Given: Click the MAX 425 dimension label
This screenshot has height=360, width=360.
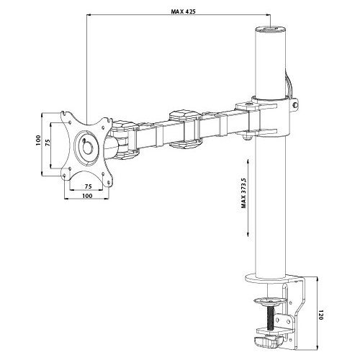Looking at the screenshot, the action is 184,12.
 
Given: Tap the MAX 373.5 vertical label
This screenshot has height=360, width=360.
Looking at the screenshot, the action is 244,193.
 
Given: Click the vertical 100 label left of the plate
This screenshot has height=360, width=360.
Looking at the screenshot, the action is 38,140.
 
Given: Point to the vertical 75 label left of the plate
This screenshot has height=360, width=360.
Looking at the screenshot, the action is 48,143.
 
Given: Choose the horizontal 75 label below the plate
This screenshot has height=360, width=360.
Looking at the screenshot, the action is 88,186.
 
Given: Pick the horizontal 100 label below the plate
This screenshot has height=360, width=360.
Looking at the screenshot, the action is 87,196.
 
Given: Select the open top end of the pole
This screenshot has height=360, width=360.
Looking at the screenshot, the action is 271,30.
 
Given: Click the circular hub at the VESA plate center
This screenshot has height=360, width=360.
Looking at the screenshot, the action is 86,148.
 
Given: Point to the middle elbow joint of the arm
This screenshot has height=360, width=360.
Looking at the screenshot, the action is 184,129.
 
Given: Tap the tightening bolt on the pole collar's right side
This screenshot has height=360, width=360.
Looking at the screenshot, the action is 296,105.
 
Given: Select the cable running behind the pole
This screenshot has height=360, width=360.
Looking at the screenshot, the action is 289,83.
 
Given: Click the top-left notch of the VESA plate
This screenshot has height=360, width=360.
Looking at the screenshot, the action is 63,112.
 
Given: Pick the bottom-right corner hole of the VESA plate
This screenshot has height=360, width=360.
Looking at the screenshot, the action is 109,183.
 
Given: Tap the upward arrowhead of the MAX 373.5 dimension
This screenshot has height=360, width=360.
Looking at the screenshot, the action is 248,162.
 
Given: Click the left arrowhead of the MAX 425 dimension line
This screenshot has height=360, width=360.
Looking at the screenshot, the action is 89,15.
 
